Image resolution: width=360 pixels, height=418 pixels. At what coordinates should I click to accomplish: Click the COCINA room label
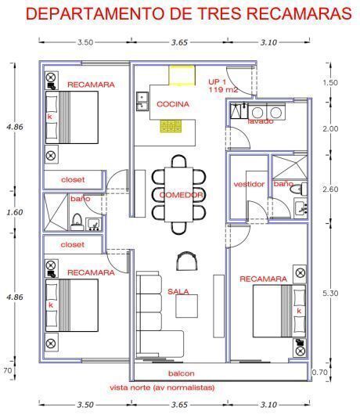(173, 104)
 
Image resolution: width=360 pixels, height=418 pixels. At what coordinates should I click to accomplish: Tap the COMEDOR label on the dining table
(182, 195)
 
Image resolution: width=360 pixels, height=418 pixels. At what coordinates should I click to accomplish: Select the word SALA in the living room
(178, 292)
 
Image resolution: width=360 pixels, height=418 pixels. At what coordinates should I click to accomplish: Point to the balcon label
(182, 373)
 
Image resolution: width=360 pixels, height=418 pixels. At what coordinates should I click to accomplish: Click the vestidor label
(249, 184)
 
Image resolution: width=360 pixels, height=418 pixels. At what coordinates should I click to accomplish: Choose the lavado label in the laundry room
(261, 121)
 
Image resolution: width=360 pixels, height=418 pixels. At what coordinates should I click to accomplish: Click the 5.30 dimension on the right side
(330, 294)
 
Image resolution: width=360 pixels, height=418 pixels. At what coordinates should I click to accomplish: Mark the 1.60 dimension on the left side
(15, 212)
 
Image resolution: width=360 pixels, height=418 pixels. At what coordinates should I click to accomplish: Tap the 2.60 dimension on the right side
(330, 189)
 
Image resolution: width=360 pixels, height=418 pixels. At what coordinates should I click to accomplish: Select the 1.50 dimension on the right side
(330, 83)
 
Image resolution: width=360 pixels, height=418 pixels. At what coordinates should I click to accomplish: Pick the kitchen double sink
(142, 101)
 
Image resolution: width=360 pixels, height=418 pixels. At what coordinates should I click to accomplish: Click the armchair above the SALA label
(187, 261)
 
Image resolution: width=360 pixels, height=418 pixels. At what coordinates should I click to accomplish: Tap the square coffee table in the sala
(186, 306)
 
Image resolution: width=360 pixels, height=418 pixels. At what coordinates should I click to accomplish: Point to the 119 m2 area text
(223, 89)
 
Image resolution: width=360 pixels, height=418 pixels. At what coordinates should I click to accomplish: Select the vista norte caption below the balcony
(162, 387)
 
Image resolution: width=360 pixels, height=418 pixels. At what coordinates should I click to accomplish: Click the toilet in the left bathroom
(77, 222)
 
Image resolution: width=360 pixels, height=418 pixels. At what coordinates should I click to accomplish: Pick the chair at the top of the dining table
(178, 161)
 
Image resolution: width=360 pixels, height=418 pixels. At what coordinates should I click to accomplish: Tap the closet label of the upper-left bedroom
(73, 180)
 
